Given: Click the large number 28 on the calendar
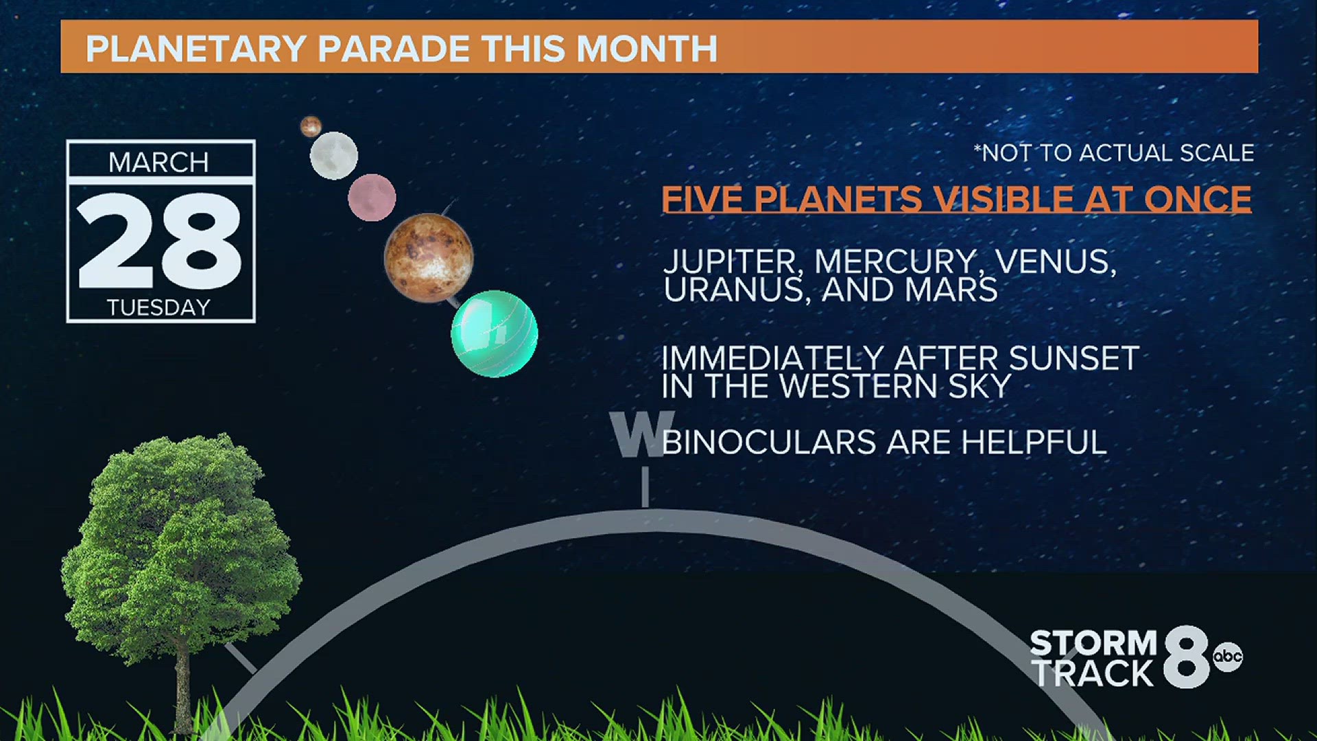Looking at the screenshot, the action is coord(159,240).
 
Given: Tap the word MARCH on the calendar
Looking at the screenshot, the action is coord(158,163).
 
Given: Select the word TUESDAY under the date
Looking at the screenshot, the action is coord(158,307).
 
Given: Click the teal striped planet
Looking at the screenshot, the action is coord(494,333).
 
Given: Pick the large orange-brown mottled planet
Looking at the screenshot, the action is coord(429,258).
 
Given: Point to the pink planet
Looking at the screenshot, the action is coord(372,198).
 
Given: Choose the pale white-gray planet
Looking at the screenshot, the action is coord(334,156).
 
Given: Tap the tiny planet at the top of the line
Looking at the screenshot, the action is coord(311,126).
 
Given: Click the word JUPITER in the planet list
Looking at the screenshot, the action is coord(730,262).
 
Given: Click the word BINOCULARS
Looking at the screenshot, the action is coord(768,442).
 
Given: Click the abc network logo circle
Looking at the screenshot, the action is coord(1227,657).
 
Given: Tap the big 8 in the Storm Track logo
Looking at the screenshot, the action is coord(1187,657).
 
